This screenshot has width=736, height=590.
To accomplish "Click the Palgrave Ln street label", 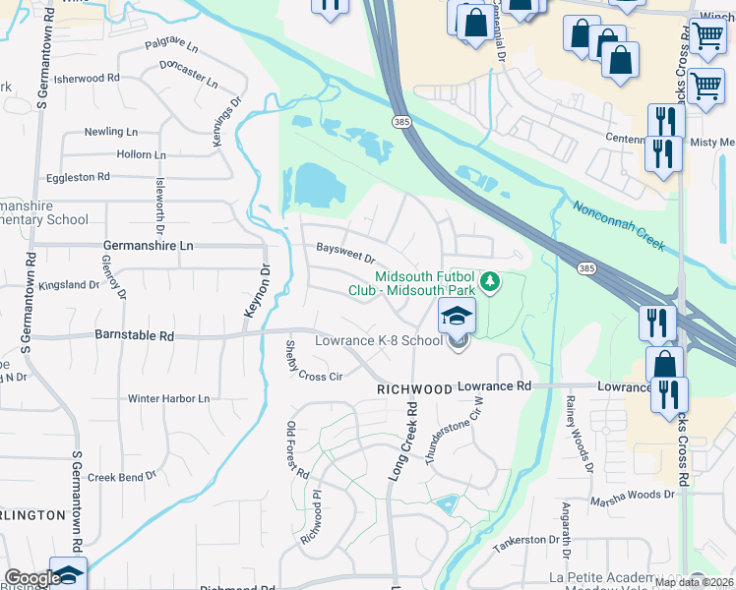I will (171, 46).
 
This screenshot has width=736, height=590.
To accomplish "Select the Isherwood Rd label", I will (87, 78).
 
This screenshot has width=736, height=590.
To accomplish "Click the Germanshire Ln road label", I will (149, 245).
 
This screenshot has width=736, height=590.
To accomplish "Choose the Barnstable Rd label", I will (134, 335).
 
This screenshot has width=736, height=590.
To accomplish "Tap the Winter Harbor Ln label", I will (168, 399).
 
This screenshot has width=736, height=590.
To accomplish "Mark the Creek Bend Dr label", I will (122, 476).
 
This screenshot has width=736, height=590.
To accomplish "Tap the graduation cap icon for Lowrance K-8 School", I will (457, 317).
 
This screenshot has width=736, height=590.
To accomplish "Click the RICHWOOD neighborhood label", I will (413, 389).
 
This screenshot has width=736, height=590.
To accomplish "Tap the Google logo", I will (31, 578).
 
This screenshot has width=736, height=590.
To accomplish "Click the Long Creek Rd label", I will (401, 440).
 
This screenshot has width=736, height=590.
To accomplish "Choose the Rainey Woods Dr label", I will (578, 430).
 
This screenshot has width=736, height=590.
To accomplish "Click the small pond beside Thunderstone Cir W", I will (448, 505).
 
